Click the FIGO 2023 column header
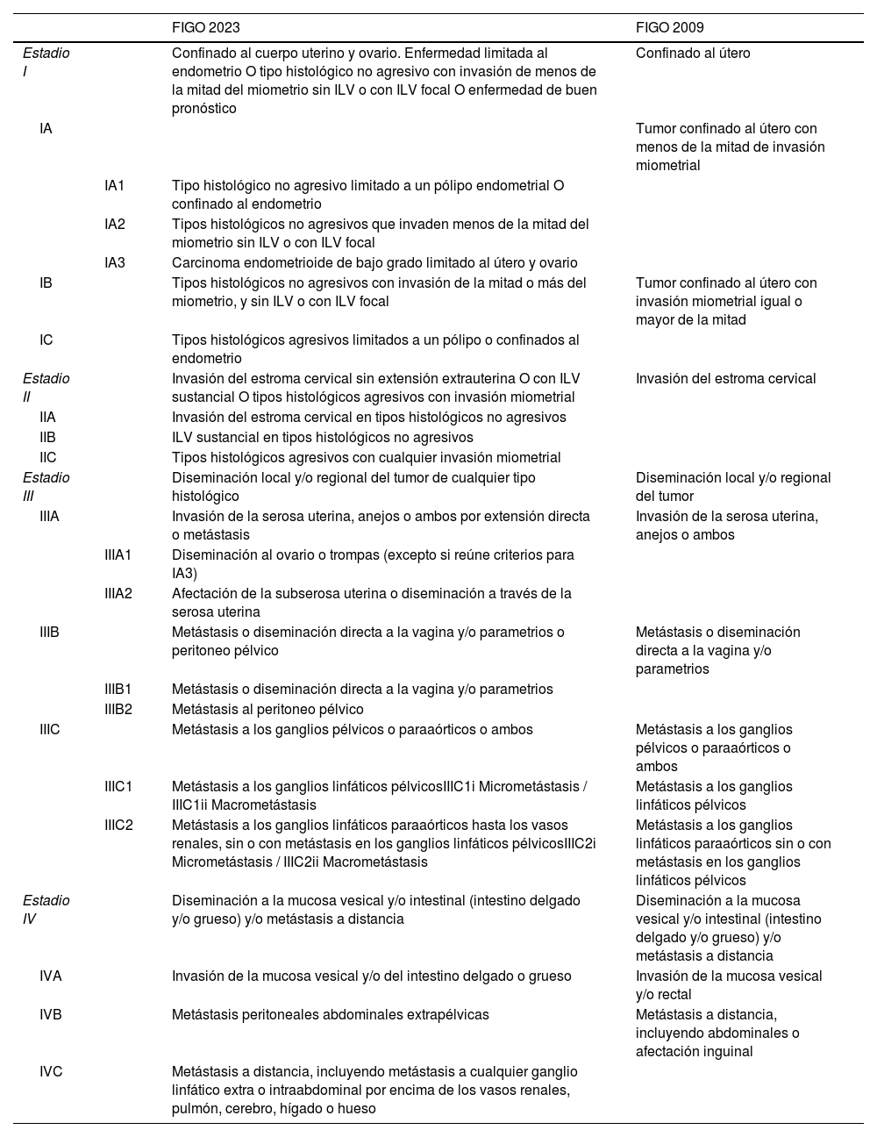[x=205, y=28]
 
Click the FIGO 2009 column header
[x=669, y=28]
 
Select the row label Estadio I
[x=46, y=62]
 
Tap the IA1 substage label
[x=115, y=186]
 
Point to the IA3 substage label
[x=115, y=262]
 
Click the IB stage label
[x=46, y=282]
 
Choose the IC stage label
[x=46, y=340]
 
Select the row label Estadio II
[x=46, y=388]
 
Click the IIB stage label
[x=47, y=437]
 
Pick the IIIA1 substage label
[x=118, y=554]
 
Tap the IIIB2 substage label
[x=118, y=709]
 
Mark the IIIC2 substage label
[x=118, y=825]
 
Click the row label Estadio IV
[x=46, y=910]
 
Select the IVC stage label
[x=51, y=1070]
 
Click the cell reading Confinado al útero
[x=693, y=53]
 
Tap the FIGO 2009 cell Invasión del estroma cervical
[x=725, y=378]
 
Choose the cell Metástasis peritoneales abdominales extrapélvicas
[x=330, y=1014]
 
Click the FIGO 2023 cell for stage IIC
[x=366, y=457]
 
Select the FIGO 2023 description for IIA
[x=368, y=417]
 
